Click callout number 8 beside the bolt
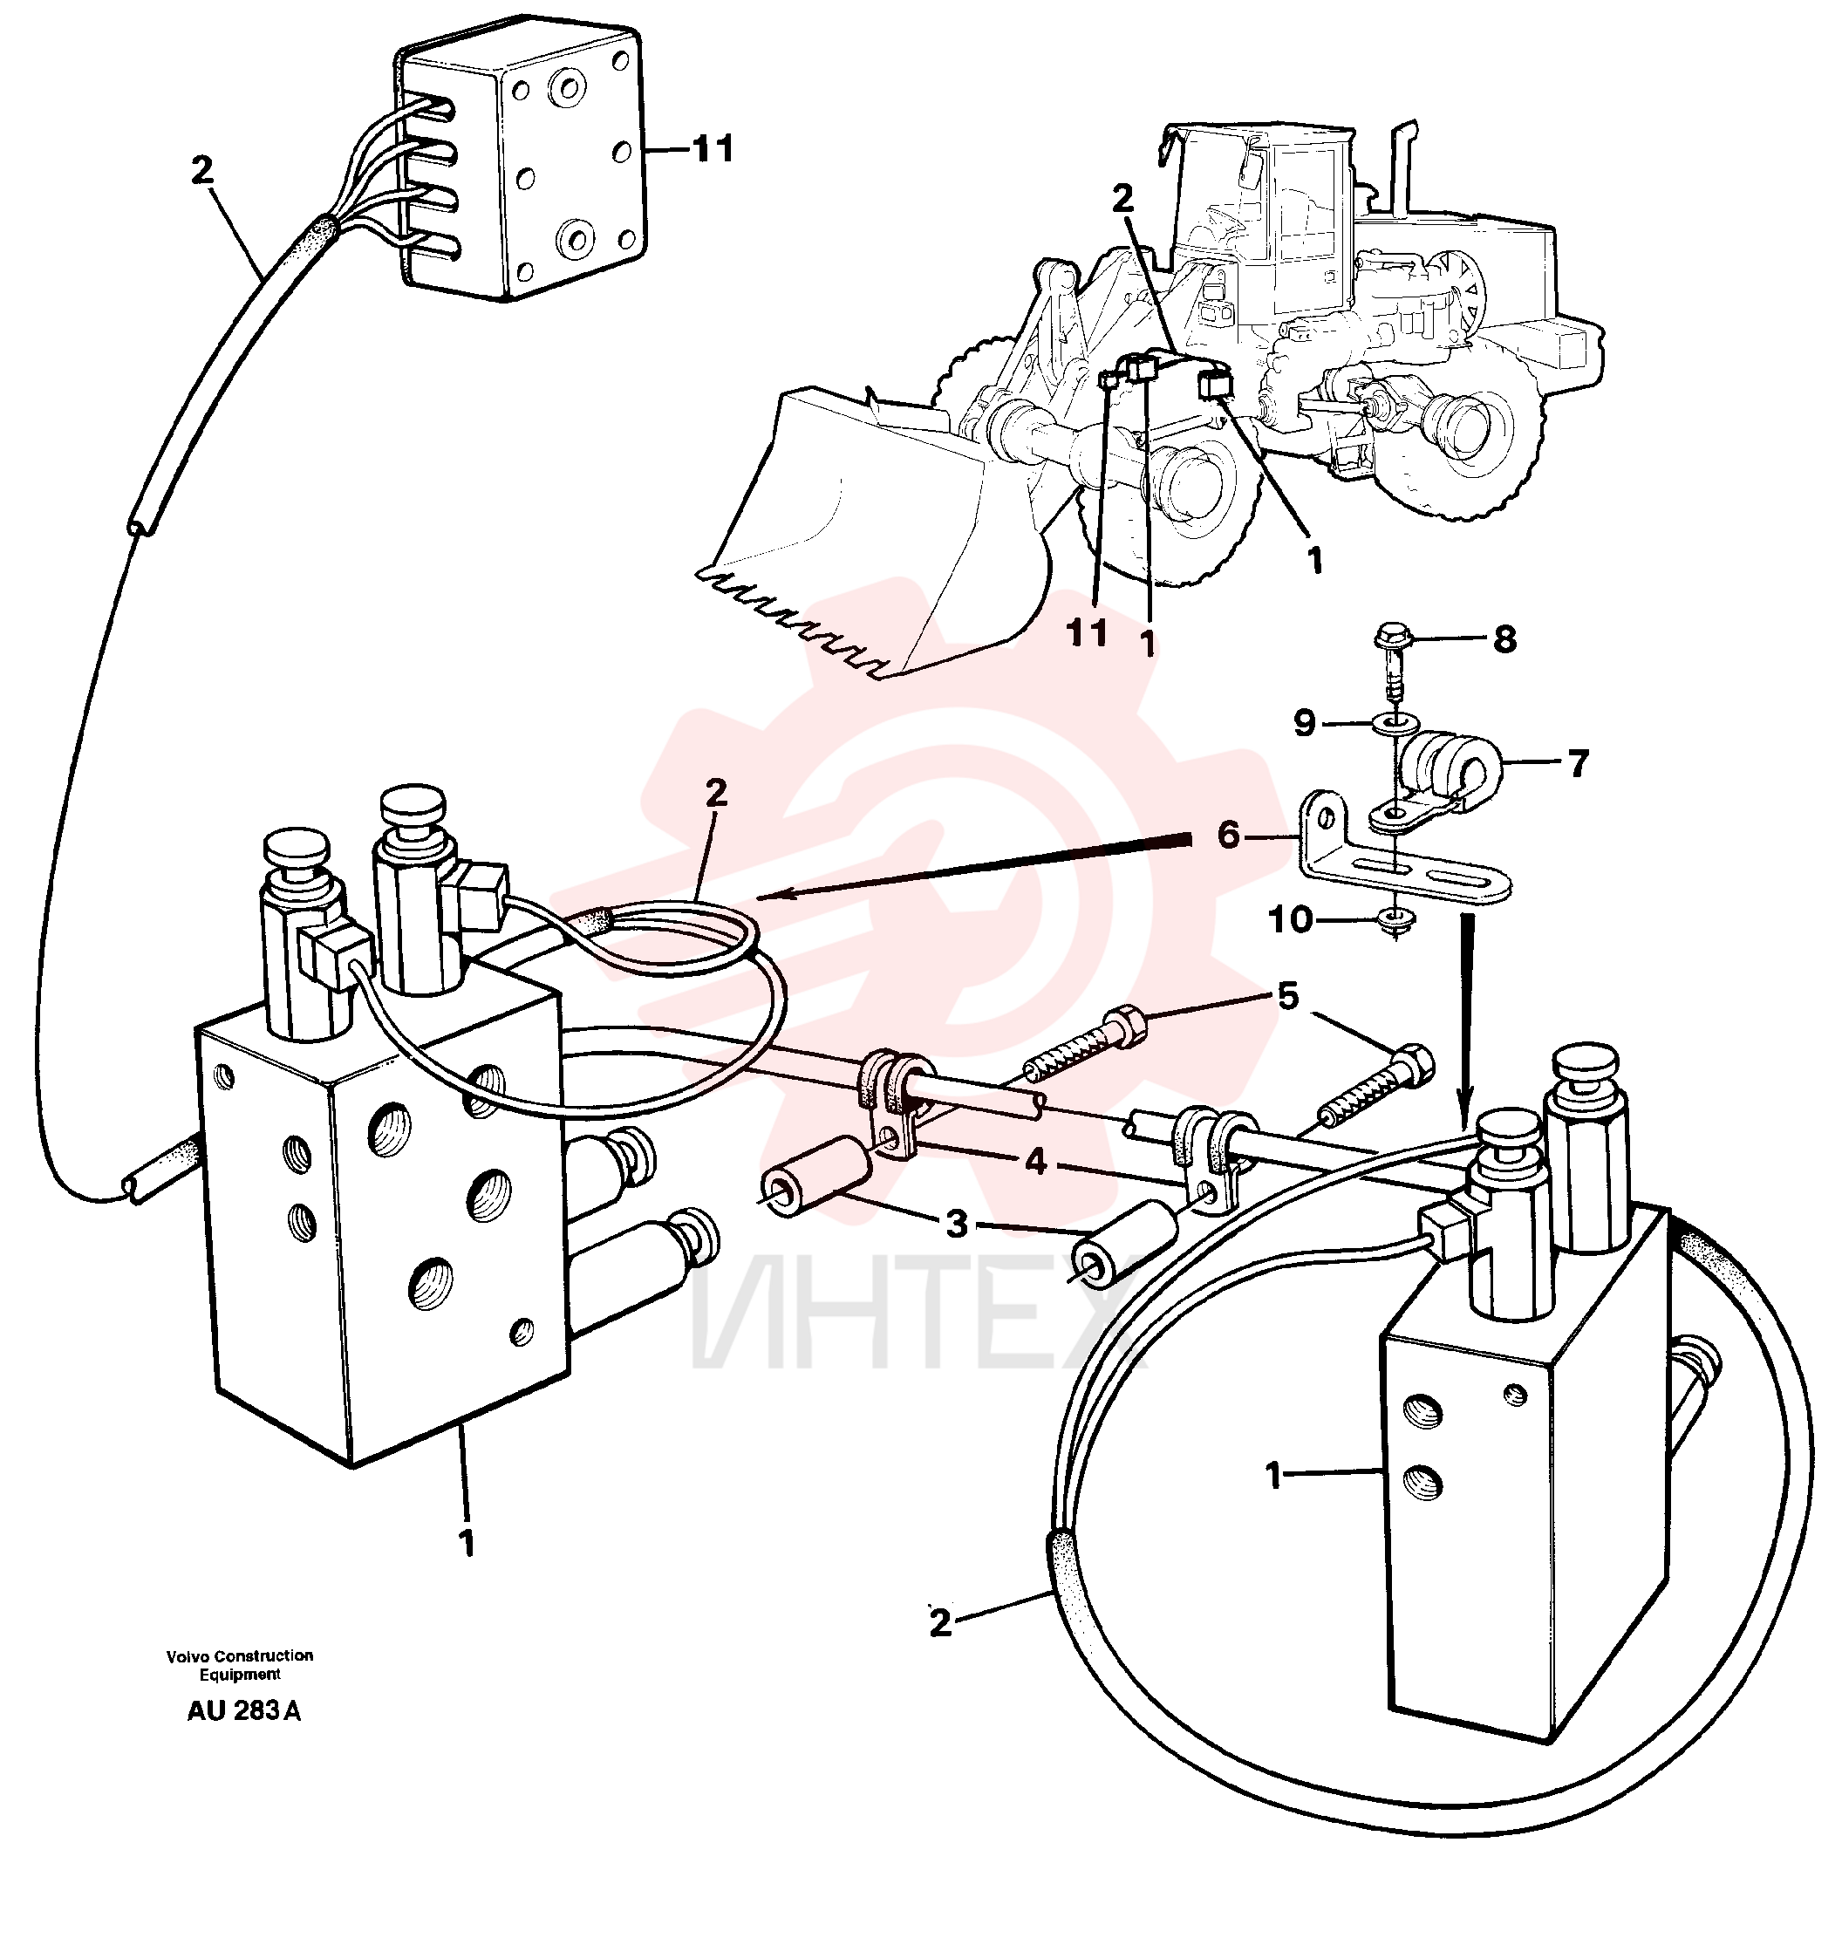pyautogui.click(x=1504, y=639)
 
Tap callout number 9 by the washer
pyautogui.click(x=1304, y=724)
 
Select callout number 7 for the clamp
pyautogui.click(x=1578, y=763)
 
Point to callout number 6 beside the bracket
pyautogui.click(x=1228, y=835)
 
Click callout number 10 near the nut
pyautogui.click(x=1290, y=920)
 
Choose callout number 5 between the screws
pyautogui.click(x=1287, y=997)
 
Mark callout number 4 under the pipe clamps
pyautogui.click(x=1036, y=1163)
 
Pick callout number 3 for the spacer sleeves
pyautogui.click(x=957, y=1224)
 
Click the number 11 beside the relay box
pyautogui.click(x=713, y=149)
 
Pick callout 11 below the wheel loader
pyautogui.click(x=1087, y=633)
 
